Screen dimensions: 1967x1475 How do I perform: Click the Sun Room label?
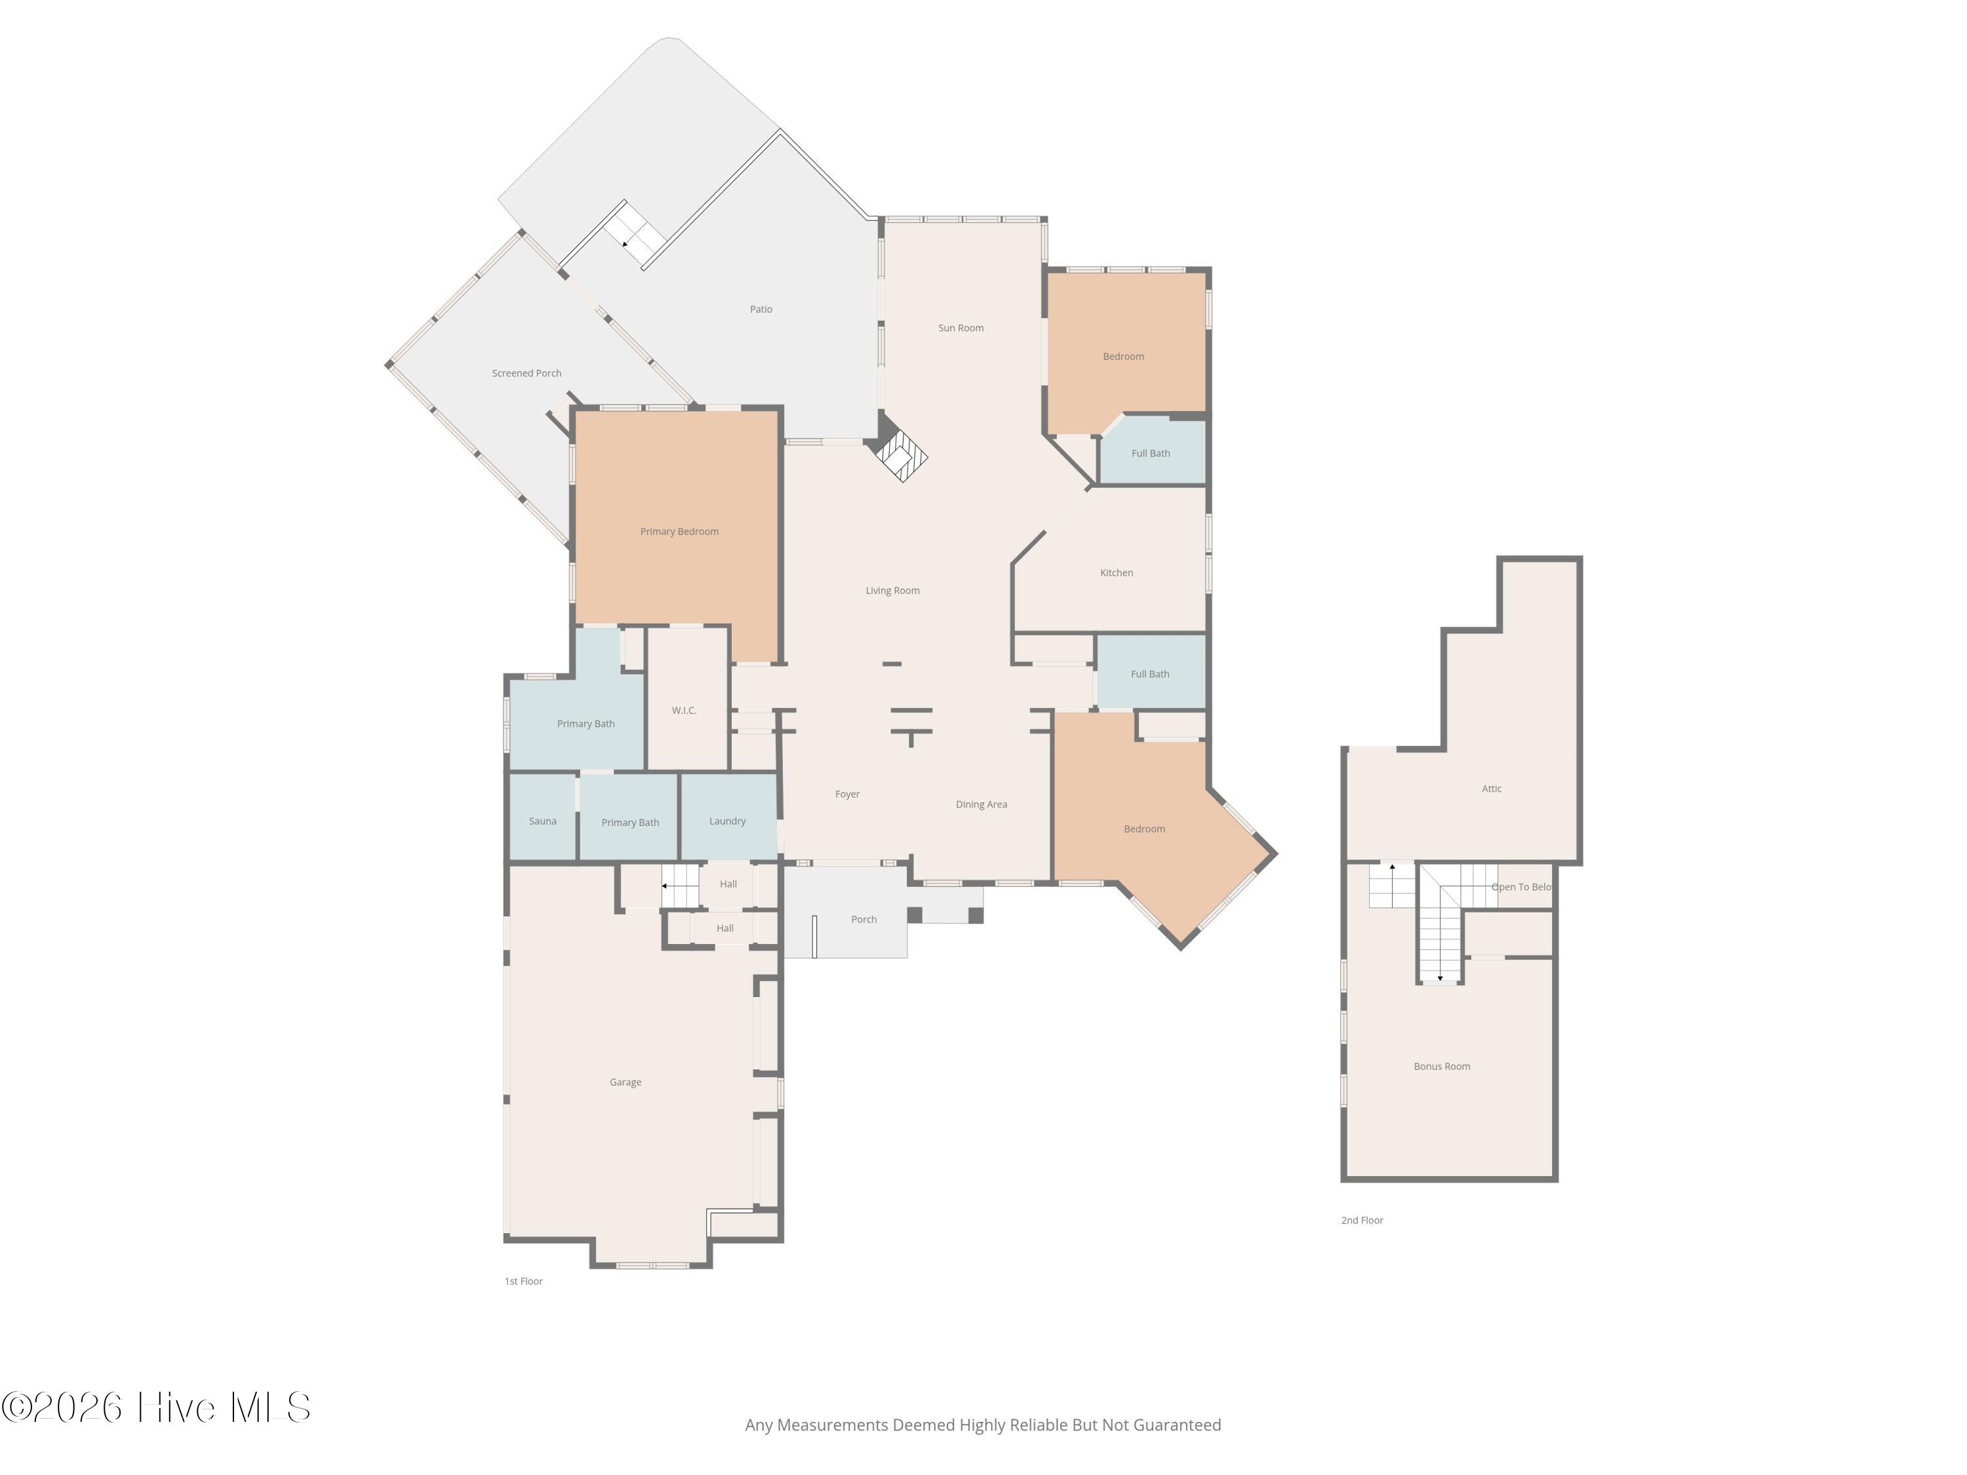click(961, 328)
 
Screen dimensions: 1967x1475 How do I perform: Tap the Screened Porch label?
click(527, 374)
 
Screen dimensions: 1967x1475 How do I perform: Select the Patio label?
click(761, 309)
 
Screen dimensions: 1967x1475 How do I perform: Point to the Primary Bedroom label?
click(679, 532)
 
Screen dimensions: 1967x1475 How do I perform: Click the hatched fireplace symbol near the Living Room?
click(901, 455)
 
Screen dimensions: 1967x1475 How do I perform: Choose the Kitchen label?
click(1116, 572)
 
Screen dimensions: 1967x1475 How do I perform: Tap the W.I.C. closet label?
click(684, 711)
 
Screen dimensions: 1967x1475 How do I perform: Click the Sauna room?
click(542, 817)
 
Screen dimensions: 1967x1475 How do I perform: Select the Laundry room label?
click(727, 821)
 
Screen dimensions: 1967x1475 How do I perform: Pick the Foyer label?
click(846, 795)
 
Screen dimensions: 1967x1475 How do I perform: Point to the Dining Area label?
click(981, 804)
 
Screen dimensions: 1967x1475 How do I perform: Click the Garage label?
click(625, 1083)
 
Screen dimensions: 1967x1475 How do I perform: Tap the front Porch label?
click(864, 919)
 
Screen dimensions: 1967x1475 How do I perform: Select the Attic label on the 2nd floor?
click(1491, 789)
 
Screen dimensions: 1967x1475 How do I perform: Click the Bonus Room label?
click(1441, 1067)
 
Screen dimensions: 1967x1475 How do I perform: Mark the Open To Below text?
click(1522, 888)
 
